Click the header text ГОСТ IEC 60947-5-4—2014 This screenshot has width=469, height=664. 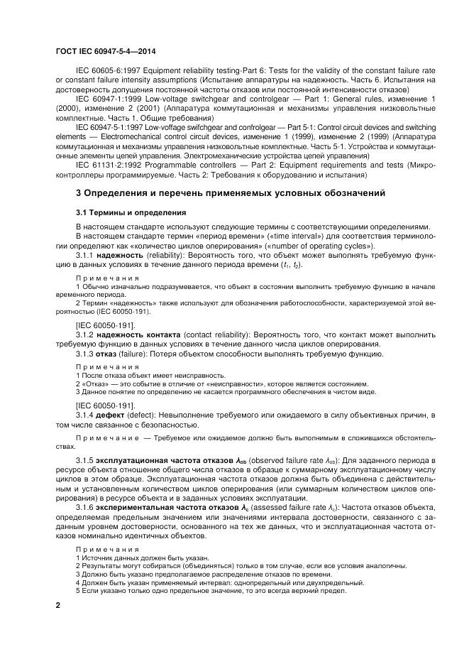[x=106, y=52]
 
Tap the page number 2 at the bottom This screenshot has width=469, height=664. [x=58, y=605]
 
